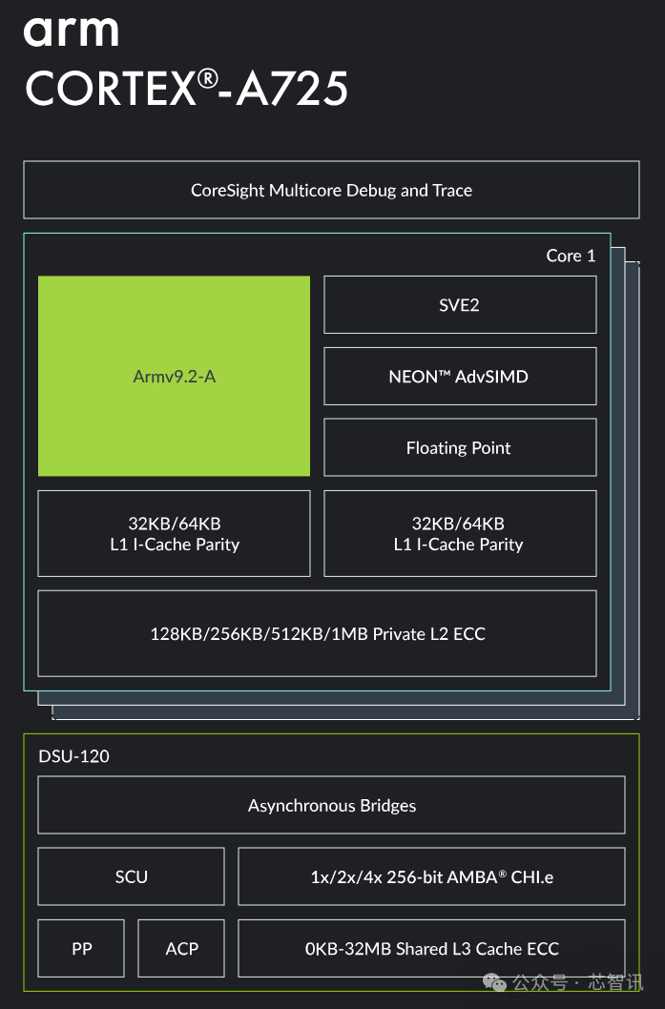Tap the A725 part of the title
pyautogui.click(x=292, y=88)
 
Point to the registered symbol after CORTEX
pyautogui.click(x=207, y=79)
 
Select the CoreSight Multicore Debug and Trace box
pyautogui.click(x=331, y=190)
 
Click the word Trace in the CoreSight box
pyautogui.click(x=452, y=191)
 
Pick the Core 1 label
pyautogui.click(x=571, y=256)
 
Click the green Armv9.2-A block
pyautogui.click(x=174, y=376)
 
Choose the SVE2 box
pyautogui.click(x=460, y=305)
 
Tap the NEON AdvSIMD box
pyautogui.click(x=460, y=377)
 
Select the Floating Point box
pyautogui.click(x=460, y=447)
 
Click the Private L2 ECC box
pyautogui.click(x=318, y=633)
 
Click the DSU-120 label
pyautogui.click(x=74, y=756)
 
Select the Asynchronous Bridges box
pyautogui.click(x=331, y=805)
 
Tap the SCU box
pyautogui.click(x=132, y=876)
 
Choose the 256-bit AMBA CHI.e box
pyautogui.click(x=431, y=876)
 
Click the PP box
pyautogui.click(x=81, y=949)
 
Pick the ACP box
pyautogui.click(x=181, y=949)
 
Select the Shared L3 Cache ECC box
pyautogui.click(x=431, y=949)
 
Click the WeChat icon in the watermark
pyautogui.click(x=494, y=982)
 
